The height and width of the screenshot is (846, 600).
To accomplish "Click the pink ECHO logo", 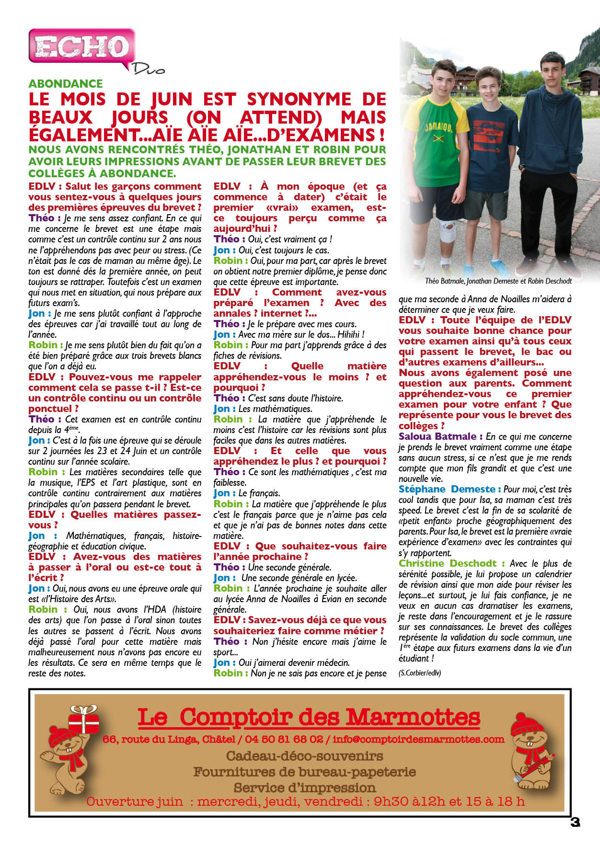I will click(x=81, y=47).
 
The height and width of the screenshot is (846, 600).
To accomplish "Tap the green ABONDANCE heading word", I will click(x=66, y=83).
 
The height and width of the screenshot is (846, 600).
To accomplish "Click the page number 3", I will click(x=575, y=822).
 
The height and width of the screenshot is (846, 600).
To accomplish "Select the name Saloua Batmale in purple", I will click(x=438, y=436).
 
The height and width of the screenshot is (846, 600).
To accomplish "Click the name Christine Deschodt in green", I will click(x=448, y=563).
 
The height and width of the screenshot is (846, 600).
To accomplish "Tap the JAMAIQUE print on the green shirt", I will click(x=438, y=127).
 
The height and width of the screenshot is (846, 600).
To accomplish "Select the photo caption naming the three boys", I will click(x=498, y=281).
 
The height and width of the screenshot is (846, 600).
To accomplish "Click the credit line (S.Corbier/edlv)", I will click(x=420, y=673).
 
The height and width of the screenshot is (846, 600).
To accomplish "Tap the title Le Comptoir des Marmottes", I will click(x=309, y=717).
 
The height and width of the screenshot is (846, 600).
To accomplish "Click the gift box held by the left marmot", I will click(x=83, y=719).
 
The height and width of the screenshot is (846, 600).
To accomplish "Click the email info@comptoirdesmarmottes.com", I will click(x=418, y=739).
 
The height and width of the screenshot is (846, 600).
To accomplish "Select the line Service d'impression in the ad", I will click(x=304, y=788).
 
